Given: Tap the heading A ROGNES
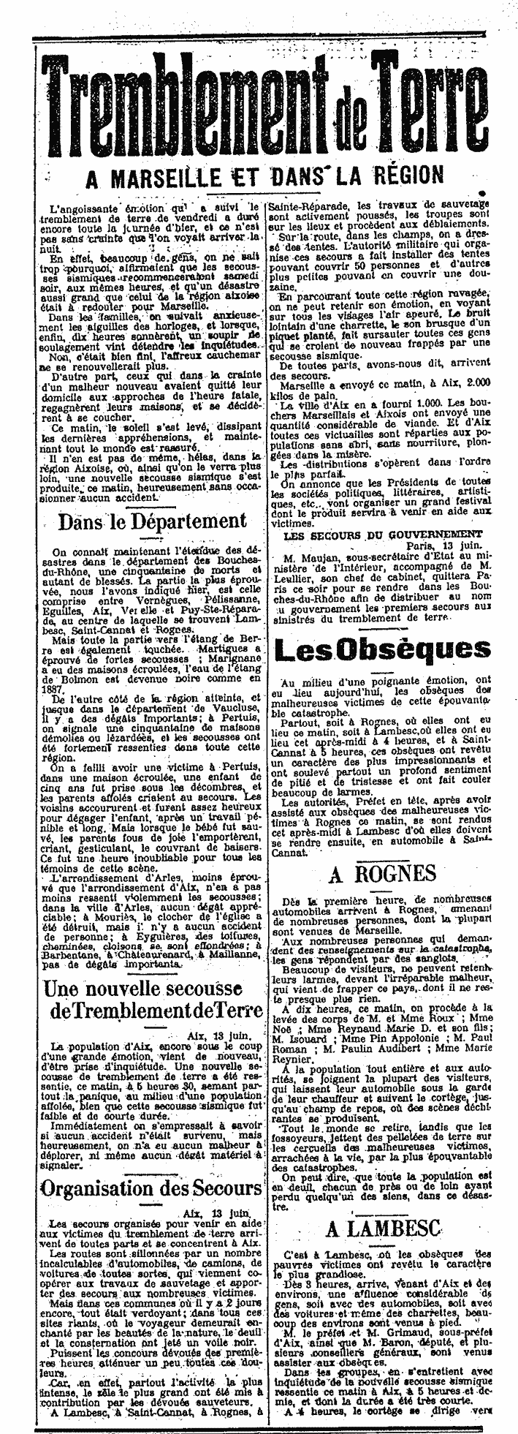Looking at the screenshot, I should [384, 872].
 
